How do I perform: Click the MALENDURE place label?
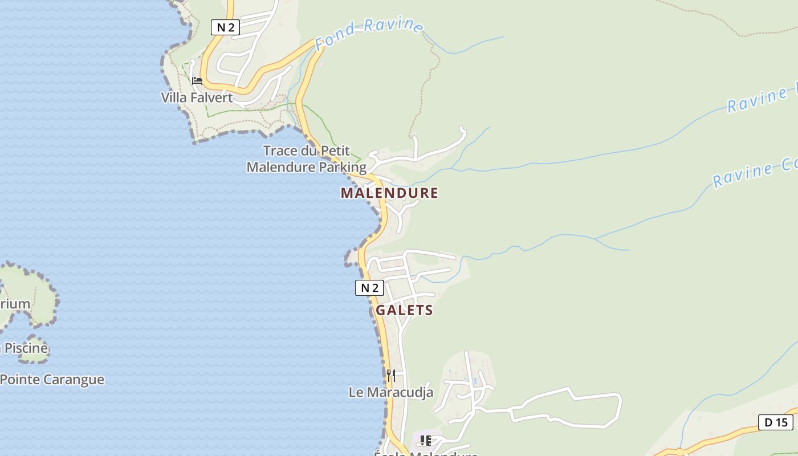[389, 193]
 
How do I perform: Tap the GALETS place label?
[404, 311]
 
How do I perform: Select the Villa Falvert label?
[197, 97]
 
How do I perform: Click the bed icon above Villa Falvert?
[197, 81]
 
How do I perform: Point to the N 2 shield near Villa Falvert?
[225, 27]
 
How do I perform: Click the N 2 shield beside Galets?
[369, 288]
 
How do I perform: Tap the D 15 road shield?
[776, 422]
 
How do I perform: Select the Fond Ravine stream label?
[369, 33]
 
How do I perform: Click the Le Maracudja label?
[391, 392]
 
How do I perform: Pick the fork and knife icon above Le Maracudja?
[391, 375]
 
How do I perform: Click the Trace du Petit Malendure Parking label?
[307, 159]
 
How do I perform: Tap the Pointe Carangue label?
[52, 380]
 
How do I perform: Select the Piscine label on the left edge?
[25, 348]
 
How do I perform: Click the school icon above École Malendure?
[425, 441]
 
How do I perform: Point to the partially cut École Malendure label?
[425, 454]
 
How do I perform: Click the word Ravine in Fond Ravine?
[393, 26]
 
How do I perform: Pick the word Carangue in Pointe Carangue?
[74, 380]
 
